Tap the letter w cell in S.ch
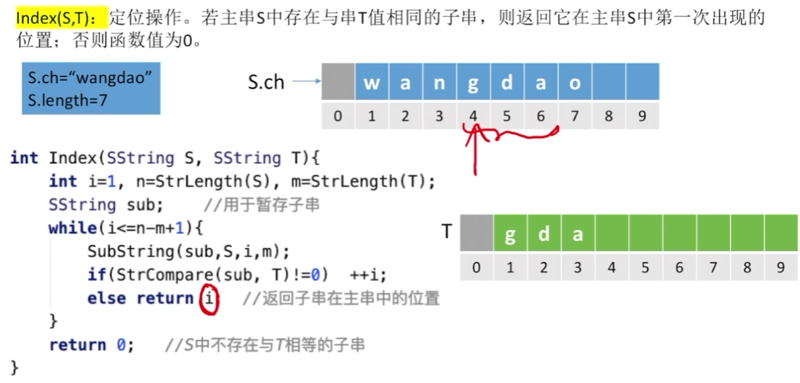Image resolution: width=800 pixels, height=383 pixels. [x=372, y=82]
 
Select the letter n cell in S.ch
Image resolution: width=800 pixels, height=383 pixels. [x=439, y=82]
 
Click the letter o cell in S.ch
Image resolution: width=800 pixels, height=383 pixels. [x=575, y=82]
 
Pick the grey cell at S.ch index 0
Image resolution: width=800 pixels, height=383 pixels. [x=338, y=82]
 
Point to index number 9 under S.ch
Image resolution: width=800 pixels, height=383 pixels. [x=642, y=116]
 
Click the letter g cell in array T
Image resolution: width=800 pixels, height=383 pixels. [x=510, y=234]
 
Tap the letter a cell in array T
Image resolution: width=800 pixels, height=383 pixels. [x=578, y=234]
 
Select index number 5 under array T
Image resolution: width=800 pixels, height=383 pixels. [x=645, y=268]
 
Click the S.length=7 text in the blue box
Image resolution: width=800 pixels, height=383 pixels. [x=68, y=100]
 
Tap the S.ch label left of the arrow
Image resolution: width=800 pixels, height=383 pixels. [x=266, y=82]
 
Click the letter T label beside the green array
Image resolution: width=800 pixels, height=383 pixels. [x=446, y=231]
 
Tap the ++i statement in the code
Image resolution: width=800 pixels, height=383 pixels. [x=373, y=275]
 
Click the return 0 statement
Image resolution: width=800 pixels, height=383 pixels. [x=89, y=345]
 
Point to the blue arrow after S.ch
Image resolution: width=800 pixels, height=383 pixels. [x=305, y=82]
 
